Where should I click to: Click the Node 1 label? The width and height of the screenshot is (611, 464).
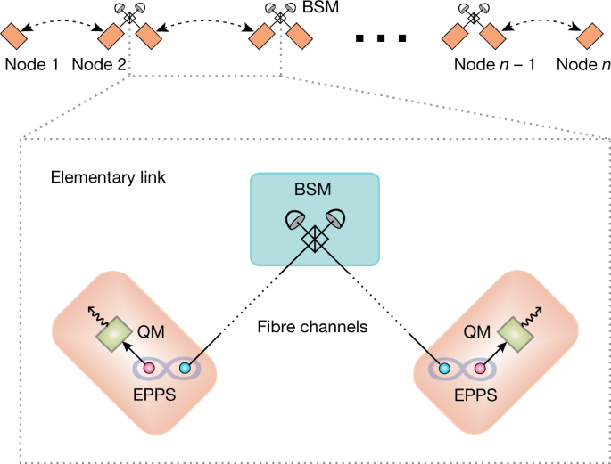31,64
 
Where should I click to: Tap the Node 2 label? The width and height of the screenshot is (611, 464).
99,64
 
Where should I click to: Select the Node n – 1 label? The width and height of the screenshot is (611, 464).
494,64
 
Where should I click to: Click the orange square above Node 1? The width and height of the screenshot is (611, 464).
13,36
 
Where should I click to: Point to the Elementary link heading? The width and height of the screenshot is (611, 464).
108,177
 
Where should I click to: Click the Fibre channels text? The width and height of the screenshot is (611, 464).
312,327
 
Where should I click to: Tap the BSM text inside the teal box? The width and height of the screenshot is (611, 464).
313,190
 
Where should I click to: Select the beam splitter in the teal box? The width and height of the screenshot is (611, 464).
315,239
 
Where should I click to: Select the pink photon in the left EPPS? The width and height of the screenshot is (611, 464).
148,368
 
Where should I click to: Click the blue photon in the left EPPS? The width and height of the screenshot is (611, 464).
185,368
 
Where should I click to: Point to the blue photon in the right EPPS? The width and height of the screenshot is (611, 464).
444,368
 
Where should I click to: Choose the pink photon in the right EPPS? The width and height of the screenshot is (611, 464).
480,368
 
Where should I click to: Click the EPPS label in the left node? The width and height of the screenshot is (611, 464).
154,395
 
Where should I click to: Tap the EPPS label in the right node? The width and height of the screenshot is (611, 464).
475,395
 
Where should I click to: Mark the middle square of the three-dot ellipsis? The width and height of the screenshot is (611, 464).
381,38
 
